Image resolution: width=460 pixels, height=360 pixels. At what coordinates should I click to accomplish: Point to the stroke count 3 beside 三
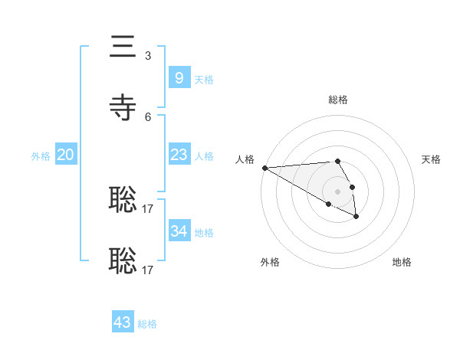tap(147, 56)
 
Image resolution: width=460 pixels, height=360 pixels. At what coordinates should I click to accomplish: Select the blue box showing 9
tap(179, 77)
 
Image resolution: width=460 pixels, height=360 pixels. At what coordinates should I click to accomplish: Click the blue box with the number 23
tap(179, 155)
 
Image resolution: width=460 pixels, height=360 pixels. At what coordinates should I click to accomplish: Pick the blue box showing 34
tap(179, 231)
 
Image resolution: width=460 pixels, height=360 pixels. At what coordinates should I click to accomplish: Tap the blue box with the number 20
tap(66, 155)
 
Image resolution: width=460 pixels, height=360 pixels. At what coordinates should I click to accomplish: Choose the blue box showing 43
tap(123, 322)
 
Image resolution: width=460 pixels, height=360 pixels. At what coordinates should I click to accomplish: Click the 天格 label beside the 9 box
tap(204, 80)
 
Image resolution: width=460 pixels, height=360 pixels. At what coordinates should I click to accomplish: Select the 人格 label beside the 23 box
tap(204, 156)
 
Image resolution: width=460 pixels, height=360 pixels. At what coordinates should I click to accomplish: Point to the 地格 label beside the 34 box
tap(204, 233)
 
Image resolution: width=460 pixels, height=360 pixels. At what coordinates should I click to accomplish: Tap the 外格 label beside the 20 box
tap(41, 156)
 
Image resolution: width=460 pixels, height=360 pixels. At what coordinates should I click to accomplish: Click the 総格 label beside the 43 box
tap(147, 325)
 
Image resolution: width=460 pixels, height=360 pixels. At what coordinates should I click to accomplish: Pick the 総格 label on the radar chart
tap(338, 100)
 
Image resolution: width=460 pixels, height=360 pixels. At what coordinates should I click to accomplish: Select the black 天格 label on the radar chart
tap(432, 159)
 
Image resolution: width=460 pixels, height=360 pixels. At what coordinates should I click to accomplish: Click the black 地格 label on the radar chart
tap(402, 262)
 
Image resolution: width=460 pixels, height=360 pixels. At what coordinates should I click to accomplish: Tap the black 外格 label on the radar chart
tap(270, 262)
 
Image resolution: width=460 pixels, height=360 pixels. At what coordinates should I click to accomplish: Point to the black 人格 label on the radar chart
tap(244, 159)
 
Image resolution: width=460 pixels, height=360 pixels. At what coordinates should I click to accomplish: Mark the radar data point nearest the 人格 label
tap(264, 168)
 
